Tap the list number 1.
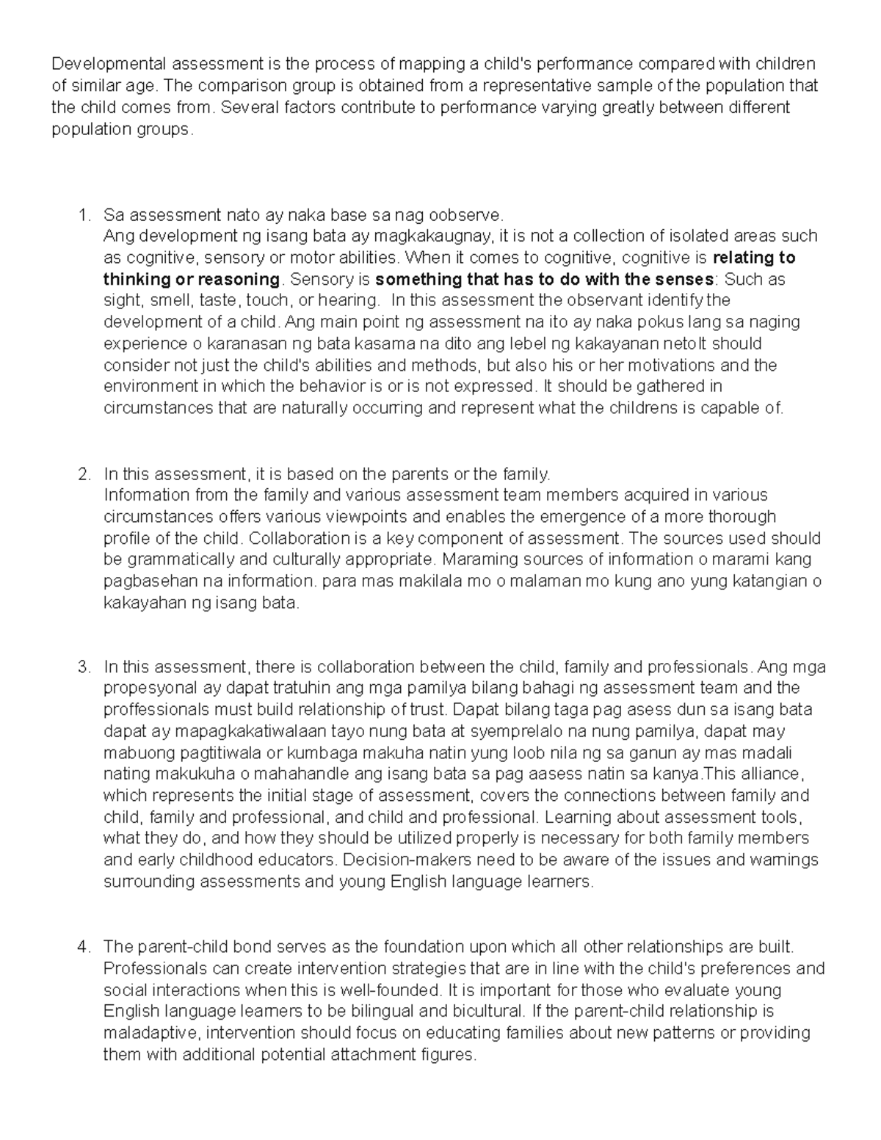(84, 215)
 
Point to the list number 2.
(84, 473)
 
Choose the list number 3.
(84, 667)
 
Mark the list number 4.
(84, 947)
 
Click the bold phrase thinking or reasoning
(192, 280)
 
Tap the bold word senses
(688, 280)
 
